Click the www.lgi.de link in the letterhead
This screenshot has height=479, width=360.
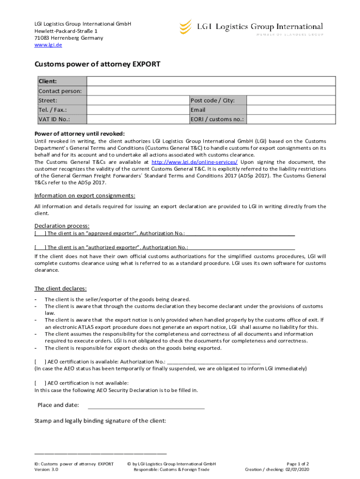[48, 45]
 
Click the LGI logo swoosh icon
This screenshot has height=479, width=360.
[186, 27]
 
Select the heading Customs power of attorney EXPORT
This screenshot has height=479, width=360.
[97, 65]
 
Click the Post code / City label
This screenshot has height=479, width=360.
[212, 101]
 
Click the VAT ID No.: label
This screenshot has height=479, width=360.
[54, 119]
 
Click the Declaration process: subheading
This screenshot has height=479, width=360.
[62, 226]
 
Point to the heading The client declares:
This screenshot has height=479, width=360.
[60, 288]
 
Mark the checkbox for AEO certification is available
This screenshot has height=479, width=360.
[40, 362]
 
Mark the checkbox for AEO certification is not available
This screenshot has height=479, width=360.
[40, 383]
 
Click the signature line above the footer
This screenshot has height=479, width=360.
[101, 453]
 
